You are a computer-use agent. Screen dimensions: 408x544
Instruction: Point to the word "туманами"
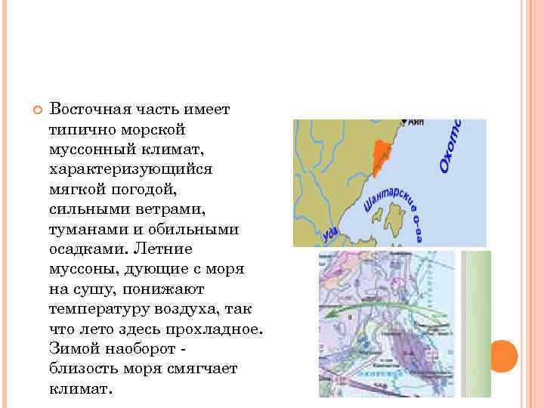pyautogui.click(x=85, y=229)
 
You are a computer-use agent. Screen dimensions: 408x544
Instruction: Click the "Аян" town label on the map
pyautogui.click(x=416, y=123)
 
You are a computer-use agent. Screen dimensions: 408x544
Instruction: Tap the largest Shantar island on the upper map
pyautogui.click(x=392, y=221)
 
